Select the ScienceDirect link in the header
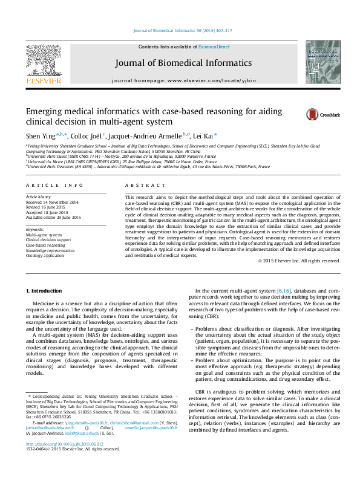coord(214,47)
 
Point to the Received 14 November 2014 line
coord(52,202)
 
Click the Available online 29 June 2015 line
coord(54,217)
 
